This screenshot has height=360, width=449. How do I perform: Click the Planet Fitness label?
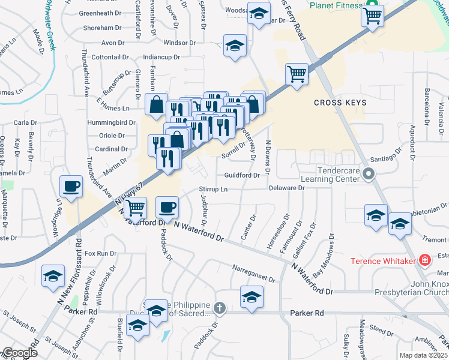coord(336,5)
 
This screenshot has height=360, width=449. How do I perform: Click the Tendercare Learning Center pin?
coord(369,175)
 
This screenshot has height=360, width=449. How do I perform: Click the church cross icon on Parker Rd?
coord(220,308)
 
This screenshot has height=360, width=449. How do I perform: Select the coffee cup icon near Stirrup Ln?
coord(167,207)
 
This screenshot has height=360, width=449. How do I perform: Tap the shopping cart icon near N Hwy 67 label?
coord(136,208)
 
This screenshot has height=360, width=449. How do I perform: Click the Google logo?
coord(19,353)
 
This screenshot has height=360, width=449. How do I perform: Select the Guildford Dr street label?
coord(241,175)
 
